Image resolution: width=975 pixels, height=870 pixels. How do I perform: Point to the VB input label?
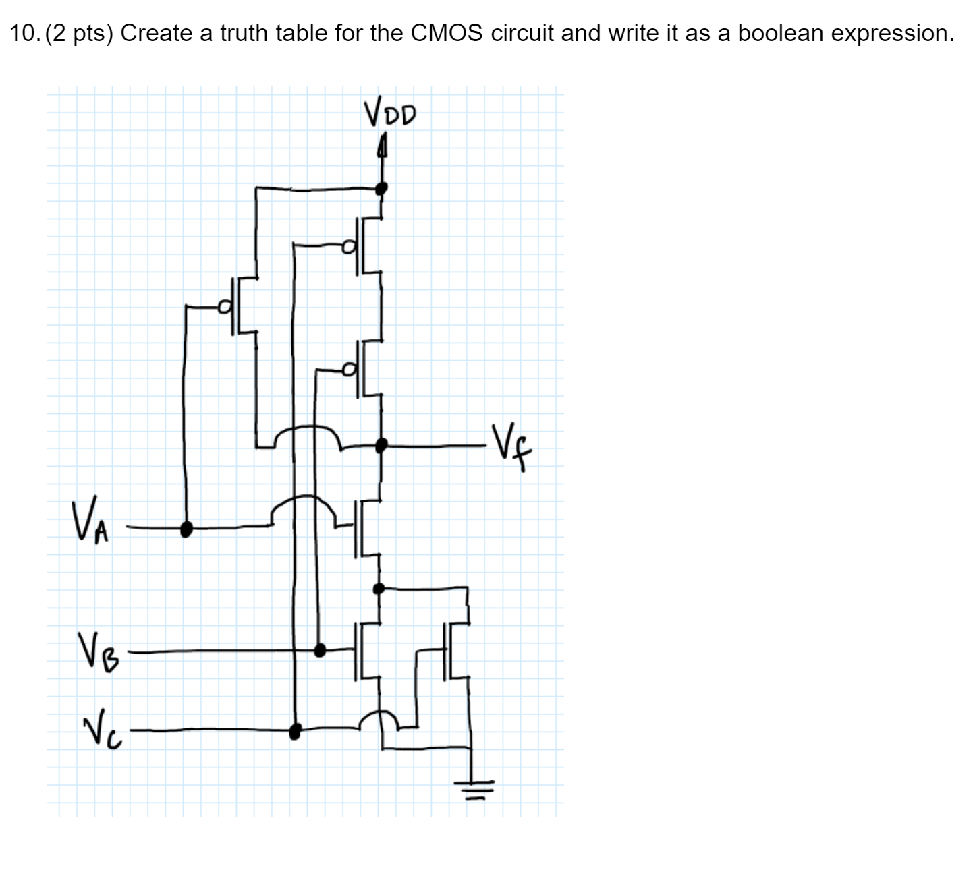(99, 649)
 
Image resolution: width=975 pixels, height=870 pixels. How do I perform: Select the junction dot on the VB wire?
(321, 649)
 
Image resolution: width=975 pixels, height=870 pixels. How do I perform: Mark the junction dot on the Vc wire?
(294, 730)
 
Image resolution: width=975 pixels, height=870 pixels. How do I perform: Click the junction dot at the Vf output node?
(381, 444)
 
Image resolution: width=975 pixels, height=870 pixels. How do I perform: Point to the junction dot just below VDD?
(381, 187)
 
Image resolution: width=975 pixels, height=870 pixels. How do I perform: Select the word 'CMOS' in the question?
(446, 33)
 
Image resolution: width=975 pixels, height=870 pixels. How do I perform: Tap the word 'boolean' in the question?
(780, 33)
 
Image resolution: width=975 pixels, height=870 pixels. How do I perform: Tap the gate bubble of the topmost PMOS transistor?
(348, 247)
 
